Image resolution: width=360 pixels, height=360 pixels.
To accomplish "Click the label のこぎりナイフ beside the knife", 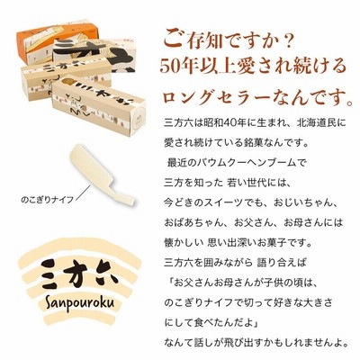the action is coord(48,200).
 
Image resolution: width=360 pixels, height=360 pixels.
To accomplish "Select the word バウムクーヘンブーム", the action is coord(247,163).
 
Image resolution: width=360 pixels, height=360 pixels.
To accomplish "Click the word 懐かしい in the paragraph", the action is coord(183,242).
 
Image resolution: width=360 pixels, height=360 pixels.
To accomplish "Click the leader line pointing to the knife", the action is coord(83,193).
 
